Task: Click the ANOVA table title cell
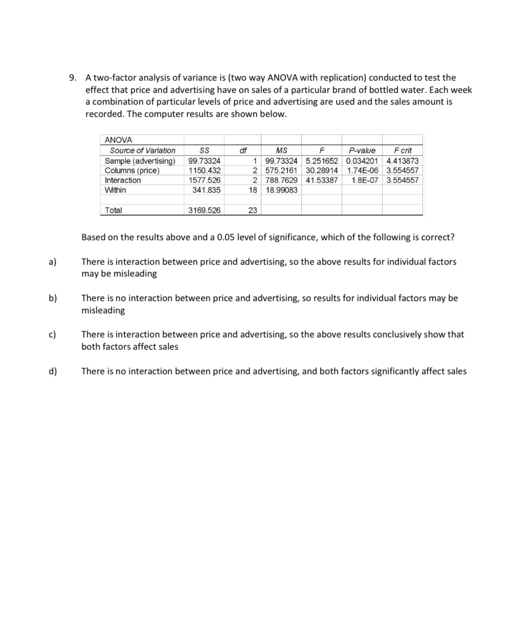click(118, 140)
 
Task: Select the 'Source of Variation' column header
click(143, 150)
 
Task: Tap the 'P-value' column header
click(362, 150)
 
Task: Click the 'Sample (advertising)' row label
click(140, 161)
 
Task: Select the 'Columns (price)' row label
click(132, 170)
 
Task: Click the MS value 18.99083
click(281, 190)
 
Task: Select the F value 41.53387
click(322, 180)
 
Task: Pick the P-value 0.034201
click(362, 161)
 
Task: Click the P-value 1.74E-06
click(362, 170)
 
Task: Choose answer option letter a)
click(53, 262)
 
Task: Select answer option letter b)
click(53, 298)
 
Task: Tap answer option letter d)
click(53, 371)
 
